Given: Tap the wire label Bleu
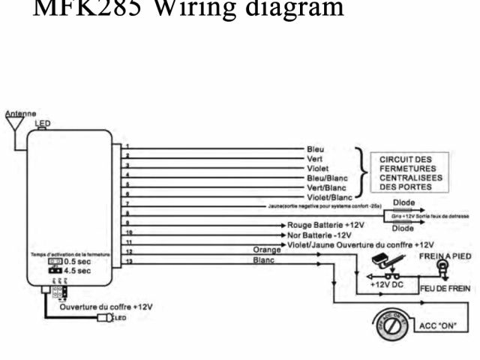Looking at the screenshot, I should (x=316, y=149).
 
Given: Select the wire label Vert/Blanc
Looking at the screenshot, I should (x=327, y=187).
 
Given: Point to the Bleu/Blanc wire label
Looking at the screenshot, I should (x=327, y=178).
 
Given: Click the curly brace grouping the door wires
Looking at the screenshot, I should (x=364, y=172).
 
